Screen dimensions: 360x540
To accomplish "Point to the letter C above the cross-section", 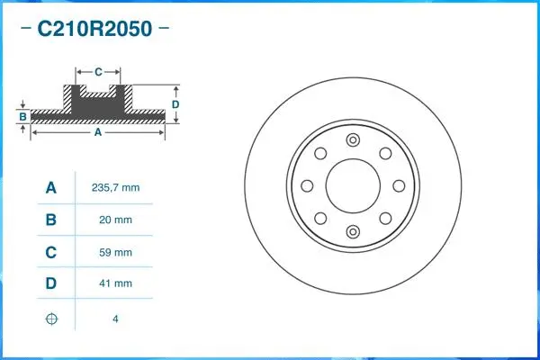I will pyautogui.click(x=97, y=70).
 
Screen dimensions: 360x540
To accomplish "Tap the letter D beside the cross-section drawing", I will pyautogui.click(x=176, y=104).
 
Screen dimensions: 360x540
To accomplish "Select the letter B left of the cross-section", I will pyautogui.click(x=22, y=117).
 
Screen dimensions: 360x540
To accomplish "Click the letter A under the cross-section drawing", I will pyautogui.click(x=97, y=132).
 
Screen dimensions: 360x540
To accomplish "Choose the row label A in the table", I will pyautogui.click(x=50, y=188).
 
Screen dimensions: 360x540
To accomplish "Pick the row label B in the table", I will pyautogui.click(x=50, y=220).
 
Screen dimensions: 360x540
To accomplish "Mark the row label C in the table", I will pyautogui.click(x=50, y=252).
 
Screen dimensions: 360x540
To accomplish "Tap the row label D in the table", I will pyautogui.click(x=50, y=283).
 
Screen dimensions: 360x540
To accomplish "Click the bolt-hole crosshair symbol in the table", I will pyautogui.click(x=50, y=318).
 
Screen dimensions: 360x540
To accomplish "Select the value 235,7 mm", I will pyautogui.click(x=116, y=188).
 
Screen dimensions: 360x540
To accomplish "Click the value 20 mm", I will pyautogui.click(x=116, y=220).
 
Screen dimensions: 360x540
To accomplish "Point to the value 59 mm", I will pyautogui.click(x=116, y=252).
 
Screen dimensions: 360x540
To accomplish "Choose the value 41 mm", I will pyautogui.click(x=116, y=283).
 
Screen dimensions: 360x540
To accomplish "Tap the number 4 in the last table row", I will pyautogui.click(x=116, y=318).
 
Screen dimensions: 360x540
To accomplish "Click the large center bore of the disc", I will pyautogui.click(x=352, y=186).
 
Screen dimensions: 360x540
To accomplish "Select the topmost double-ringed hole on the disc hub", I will pyautogui.click(x=352, y=140).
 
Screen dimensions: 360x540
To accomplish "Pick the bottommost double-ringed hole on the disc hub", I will pyautogui.click(x=352, y=232).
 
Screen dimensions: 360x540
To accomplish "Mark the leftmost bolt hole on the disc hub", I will pyautogui.click(x=307, y=186).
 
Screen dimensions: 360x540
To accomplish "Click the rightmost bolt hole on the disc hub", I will pyautogui.click(x=398, y=186).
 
